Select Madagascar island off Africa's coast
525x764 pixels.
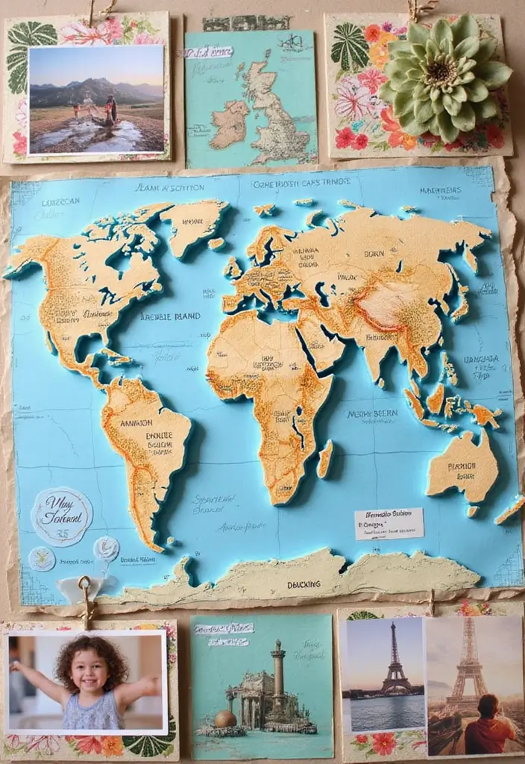[x=325, y=458]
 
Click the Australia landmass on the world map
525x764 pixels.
[x=464, y=466]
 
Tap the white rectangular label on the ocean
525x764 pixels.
[x=389, y=523]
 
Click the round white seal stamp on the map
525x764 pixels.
[x=62, y=516]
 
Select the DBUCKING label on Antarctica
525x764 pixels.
[x=304, y=585]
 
